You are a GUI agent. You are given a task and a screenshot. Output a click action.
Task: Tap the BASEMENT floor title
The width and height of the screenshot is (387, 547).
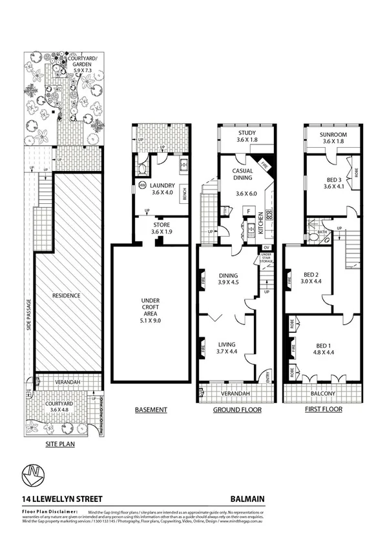(x=151, y=410)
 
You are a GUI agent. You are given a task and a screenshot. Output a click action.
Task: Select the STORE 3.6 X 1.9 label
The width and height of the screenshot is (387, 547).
(x=162, y=228)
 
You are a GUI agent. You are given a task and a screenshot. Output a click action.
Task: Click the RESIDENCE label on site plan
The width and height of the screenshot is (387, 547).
(x=67, y=295)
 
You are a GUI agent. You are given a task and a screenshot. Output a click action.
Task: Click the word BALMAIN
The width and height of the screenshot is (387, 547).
(x=247, y=499)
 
